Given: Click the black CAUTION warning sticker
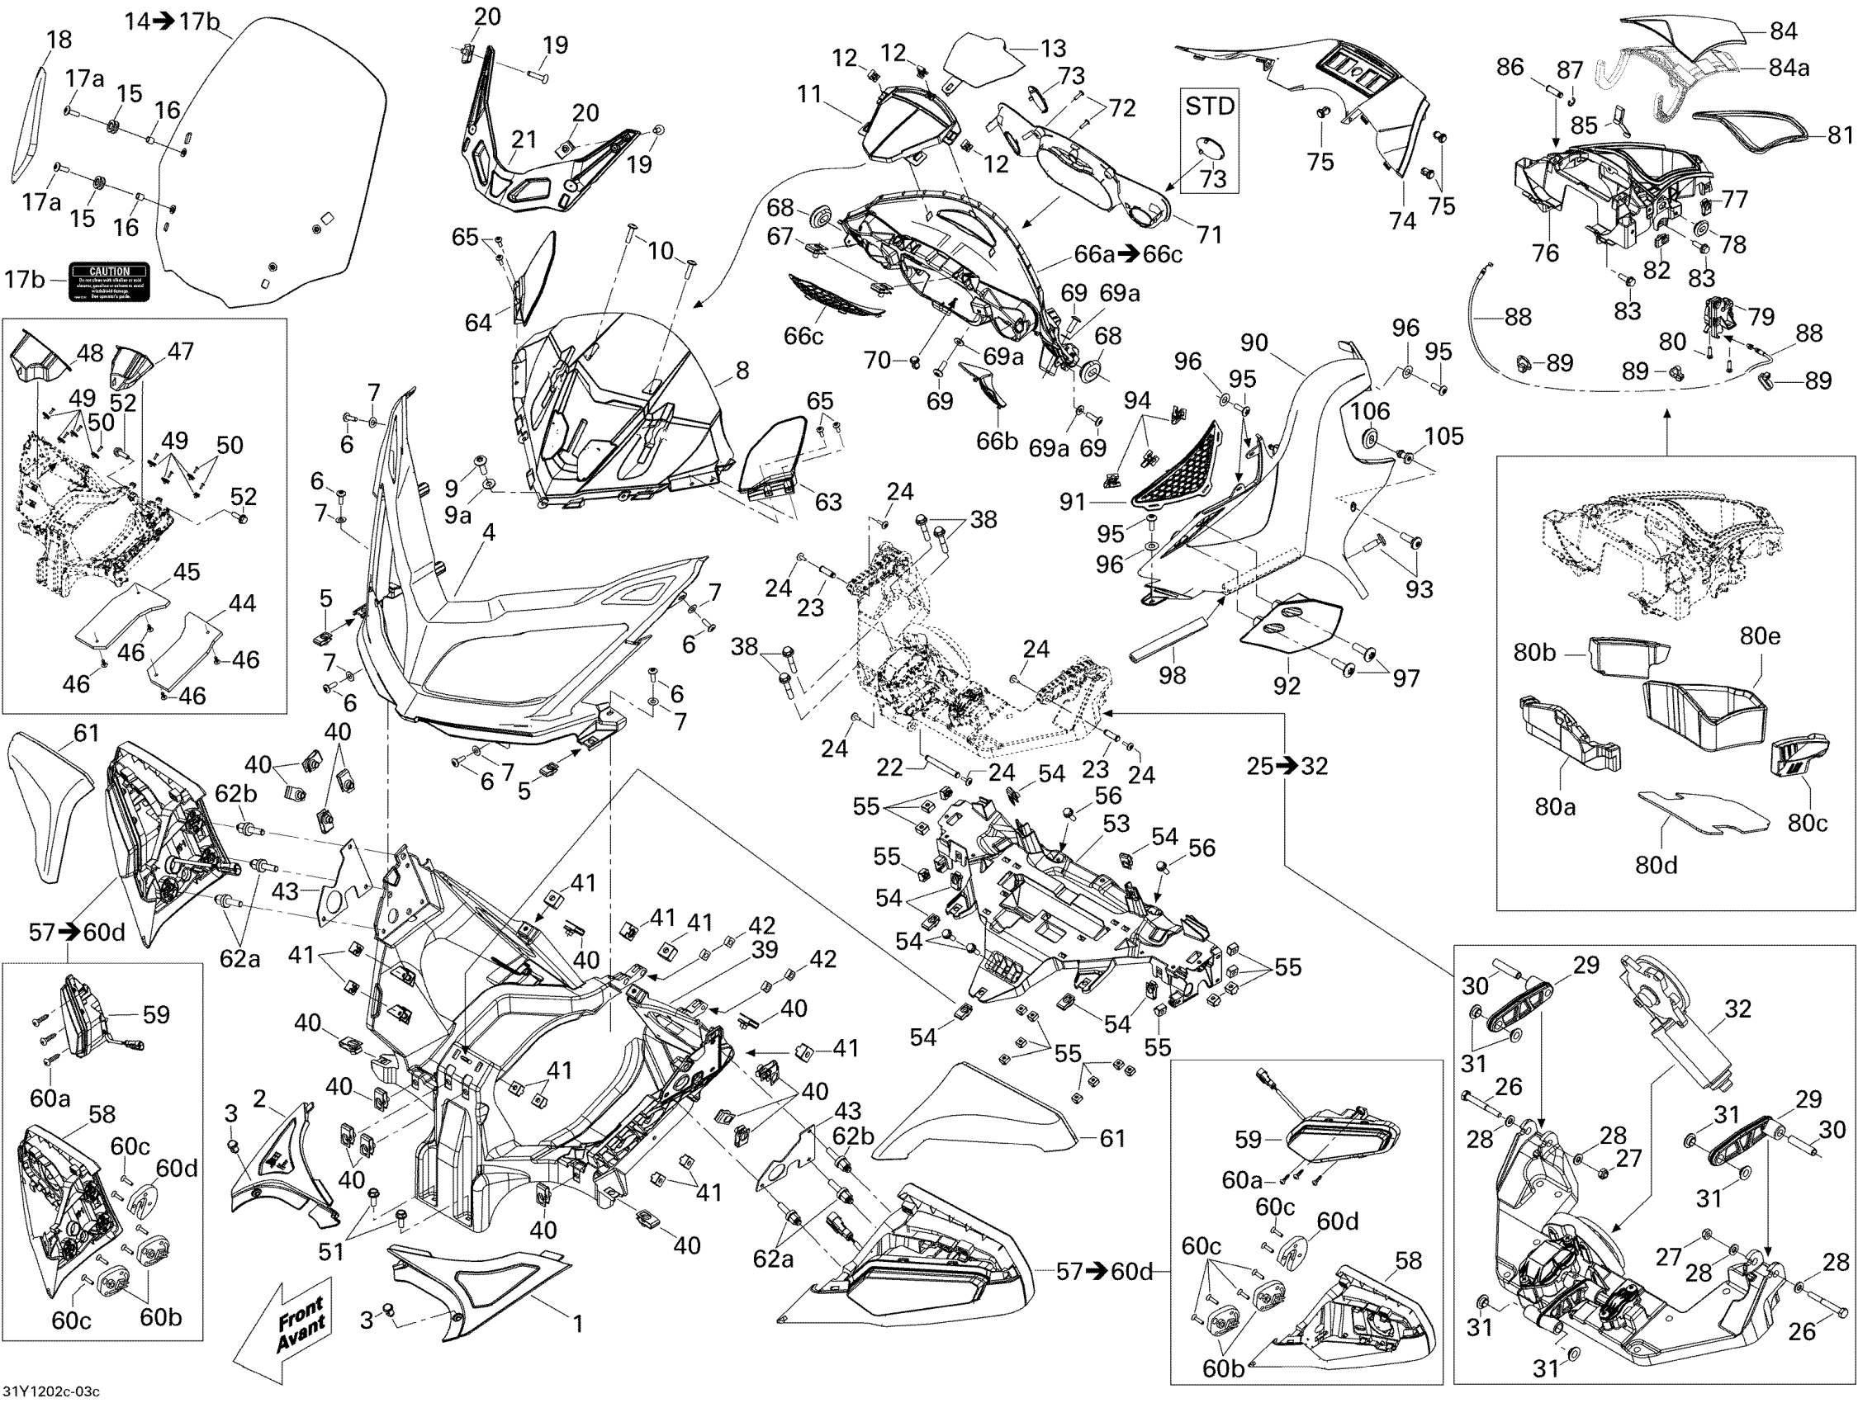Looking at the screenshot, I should click(109, 282).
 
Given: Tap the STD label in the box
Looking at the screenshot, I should click(1210, 106).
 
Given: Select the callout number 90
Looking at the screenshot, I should click(1254, 342).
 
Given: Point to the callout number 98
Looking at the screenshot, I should click(1173, 673).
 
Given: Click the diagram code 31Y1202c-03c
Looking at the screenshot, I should click(51, 1393).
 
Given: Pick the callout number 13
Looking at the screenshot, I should click(1054, 49).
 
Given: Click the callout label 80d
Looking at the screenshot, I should click(1657, 864).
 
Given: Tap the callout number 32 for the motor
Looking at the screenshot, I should click(1737, 1009).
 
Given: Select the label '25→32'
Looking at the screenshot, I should click(1287, 766).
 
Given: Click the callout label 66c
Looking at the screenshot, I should click(803, 336).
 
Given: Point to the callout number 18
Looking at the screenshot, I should click(59, 40).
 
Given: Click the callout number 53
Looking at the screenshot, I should click(1116, 824).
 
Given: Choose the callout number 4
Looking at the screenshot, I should click(488, 531).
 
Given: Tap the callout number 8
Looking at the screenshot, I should click(742, 371).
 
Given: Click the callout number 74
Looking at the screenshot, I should click(1402, 221).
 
